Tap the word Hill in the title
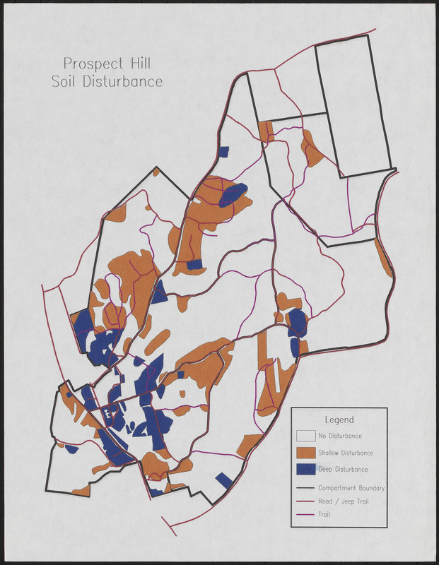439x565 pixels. pyautogui.click(x=141, y=64)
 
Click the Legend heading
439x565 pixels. pyautogui.click(x=339, y=420)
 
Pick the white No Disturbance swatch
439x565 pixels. pyautogui.click(x=305, y=436)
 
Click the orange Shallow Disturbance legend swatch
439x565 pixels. pyautogui.click(x=305, y=453)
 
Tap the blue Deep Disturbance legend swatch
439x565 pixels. pyautogui.click(x=305, y=469)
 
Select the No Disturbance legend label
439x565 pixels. pyautogui.click(x=340, y=436)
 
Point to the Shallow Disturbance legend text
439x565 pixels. pyautogui.click(x=346, y=453)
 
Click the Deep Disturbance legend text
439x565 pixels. pyautogui.click(x=343, y=469)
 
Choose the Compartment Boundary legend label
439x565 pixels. pyautogui.click(x=351, y=488)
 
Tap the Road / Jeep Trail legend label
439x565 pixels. pyautogui.click(x=344, y=501)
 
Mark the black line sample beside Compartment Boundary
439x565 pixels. pyautogui.click(x=305, y=488)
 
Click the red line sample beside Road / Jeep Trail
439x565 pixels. pyautogui.click(x=305, y=501)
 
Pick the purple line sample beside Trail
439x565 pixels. pyautogui.click(x=305, y=515)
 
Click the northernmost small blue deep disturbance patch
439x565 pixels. pyautogui.click(x=225, y=151)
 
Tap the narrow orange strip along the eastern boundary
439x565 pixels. pyautogui.click(x=383, y=258)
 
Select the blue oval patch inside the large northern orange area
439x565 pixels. pyautogui.click(x=233, y=194)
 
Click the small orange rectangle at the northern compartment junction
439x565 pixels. pyautogui.click(x=266, y=131)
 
